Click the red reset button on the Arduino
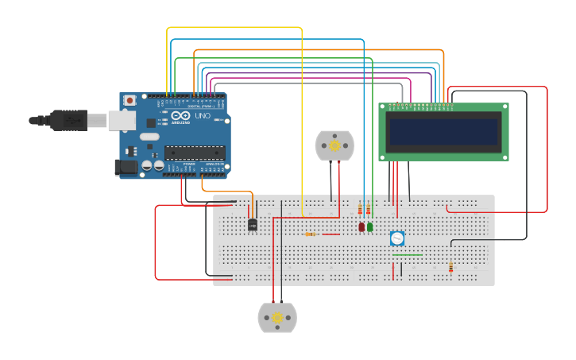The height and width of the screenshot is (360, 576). click(x=130, y=101)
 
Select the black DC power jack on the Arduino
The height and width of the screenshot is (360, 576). click(x=126, y=167)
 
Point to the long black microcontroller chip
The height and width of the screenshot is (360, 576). click(x=194, y=152)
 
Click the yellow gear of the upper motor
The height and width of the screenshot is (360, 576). click(x=334, y=145)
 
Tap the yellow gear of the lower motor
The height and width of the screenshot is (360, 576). click(x=277, y=318)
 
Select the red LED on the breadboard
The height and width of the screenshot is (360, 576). click(x=361, y=227)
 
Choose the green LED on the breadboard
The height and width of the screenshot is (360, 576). click(x=370, y=227)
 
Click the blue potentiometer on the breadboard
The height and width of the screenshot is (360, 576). click(x=397, y=238)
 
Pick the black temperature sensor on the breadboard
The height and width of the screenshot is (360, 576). click(x=253, y=225)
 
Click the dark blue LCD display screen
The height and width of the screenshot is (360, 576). click(x=443, y=131)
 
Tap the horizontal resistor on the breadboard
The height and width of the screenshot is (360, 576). click(x=311, y=234)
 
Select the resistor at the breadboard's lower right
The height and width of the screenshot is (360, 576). click(x=450, y=268)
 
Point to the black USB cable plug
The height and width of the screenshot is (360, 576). click(x=68, y=120)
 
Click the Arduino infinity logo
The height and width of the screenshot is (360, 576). click(x=179, y=116)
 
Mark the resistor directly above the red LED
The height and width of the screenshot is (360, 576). click(x=360, y=210)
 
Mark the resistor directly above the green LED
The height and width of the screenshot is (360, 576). click(x=369, y=210)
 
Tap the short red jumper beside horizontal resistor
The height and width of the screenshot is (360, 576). click(x=331, y=234)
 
